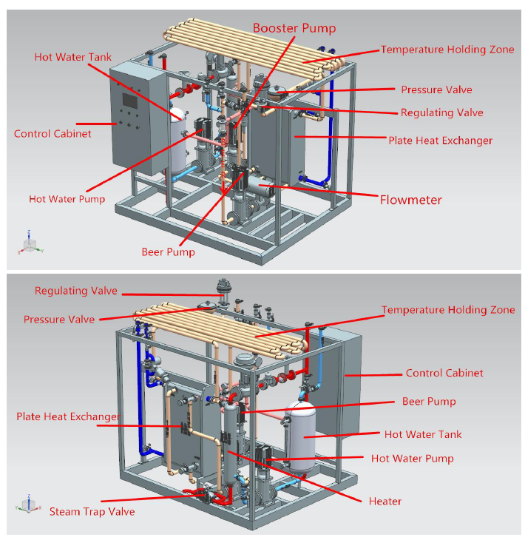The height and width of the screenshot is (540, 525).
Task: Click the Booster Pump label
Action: (294, 28)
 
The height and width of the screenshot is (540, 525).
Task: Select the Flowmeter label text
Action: (411, 200)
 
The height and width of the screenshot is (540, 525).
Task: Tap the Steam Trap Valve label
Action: (92, 511)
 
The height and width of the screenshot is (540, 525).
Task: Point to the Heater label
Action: (385, 502)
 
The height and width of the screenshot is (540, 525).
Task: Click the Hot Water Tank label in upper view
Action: (72, 57)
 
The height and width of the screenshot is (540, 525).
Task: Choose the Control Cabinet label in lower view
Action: (444, 374)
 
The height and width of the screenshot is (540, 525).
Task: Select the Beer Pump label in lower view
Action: (429, 402)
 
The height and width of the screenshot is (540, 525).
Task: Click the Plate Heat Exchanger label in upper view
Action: (440, 140)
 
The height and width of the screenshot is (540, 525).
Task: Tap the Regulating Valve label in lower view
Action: (75, 291)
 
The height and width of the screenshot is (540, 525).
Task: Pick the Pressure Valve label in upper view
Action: (436, 90)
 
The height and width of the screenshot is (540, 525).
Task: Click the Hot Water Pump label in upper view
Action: (67, 199)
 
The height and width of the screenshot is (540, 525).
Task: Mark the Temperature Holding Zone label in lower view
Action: (448, 310)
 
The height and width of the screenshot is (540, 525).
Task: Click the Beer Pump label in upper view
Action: (168, 252)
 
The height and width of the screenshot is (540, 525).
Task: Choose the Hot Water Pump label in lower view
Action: (412, 459)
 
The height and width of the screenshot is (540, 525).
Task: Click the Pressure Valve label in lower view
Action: (59, 320)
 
